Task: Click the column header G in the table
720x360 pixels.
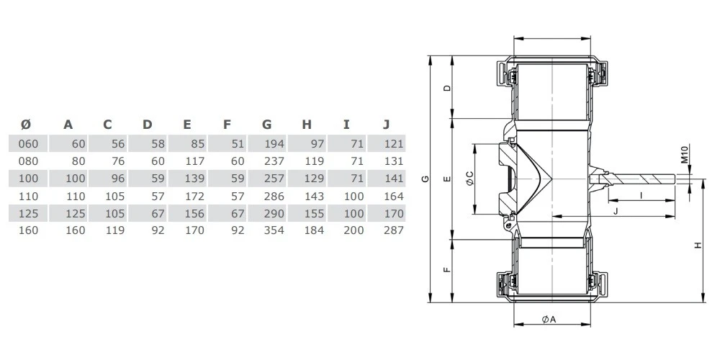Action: pos(267,125)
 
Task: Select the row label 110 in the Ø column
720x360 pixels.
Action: pos(28,197)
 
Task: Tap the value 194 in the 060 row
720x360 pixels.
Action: pos(274,144)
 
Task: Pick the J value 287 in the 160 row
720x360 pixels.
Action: pos(394,230)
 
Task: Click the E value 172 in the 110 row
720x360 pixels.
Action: pos(194,197)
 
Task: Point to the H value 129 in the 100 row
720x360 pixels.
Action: pos(314,179)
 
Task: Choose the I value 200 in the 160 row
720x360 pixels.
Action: pos(354,230)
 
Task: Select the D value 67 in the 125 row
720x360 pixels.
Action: pos(158,214)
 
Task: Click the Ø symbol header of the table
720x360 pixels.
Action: pos(26,125)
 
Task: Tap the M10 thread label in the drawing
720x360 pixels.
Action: pos(684,154)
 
